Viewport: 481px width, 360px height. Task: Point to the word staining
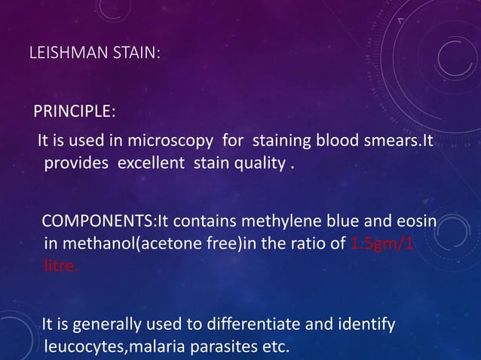[x=277, y=141]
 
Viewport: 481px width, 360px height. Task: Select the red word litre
[x=60, y=266]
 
